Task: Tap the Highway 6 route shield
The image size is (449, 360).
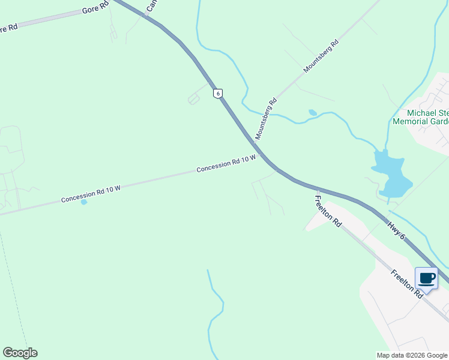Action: (218, 93)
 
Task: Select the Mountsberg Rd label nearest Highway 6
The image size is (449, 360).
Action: (266, 119)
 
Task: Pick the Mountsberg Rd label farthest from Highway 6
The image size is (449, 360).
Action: (322, 56)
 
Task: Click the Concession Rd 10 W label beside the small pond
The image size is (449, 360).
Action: (91, 193)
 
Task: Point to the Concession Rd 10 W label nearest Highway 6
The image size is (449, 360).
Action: (226, 163)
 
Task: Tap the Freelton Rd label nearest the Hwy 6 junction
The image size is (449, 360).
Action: (328, 211)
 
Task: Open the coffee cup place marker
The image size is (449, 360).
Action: (427, 278)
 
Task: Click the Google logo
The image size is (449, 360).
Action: (20, 353)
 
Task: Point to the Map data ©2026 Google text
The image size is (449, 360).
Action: (411, 355)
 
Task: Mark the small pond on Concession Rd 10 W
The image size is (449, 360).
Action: (83, 202)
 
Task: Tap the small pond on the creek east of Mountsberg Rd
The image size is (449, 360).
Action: (312, 112)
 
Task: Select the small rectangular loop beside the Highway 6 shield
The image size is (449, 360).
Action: (194, 99)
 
